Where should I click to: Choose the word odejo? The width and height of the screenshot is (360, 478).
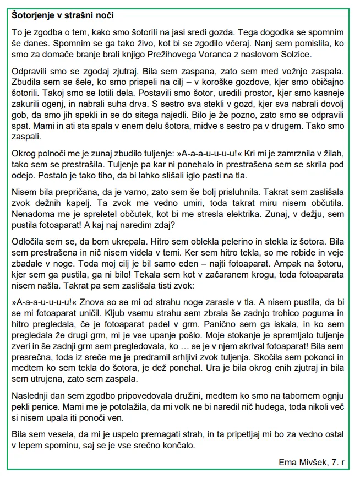tap(24, 176)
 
